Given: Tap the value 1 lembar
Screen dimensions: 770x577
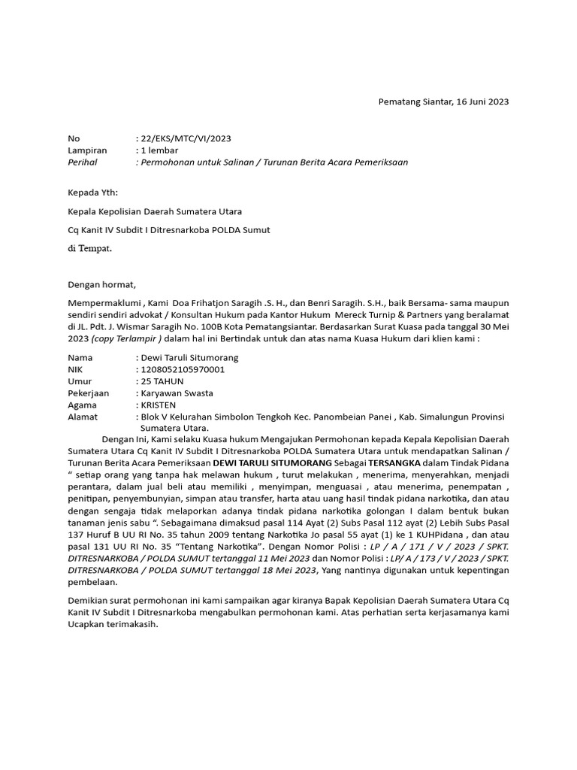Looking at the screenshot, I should (159, 150).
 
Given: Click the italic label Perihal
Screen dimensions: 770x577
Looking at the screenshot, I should (83, 162).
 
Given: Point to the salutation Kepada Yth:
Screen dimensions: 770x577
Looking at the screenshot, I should (93, 192).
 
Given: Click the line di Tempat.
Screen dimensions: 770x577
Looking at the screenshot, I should (89, 249).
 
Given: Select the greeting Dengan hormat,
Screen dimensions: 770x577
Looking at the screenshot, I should (102, 284).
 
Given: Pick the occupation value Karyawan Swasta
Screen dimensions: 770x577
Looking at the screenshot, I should (177, 393).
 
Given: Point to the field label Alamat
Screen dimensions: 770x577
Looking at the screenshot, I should (83, 417).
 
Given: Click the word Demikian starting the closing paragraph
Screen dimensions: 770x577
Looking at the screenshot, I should (90, 604).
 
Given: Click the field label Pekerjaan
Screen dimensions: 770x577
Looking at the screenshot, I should (89, 393).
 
